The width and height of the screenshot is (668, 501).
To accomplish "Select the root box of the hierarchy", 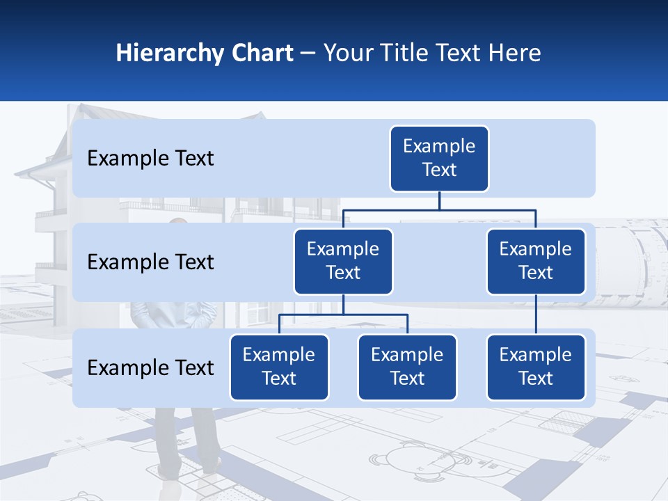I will tap(439, 158).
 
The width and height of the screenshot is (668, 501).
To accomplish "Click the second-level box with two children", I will tap(343, 261).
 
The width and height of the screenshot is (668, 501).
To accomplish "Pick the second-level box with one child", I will tap(536, 261).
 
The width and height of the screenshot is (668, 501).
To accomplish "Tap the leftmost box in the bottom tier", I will tap(279, 367).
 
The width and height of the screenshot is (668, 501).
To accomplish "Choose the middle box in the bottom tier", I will tap(407, 367).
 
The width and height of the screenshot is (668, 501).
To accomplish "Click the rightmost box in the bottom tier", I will tap(536, 367).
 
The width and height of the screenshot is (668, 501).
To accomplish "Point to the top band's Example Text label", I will tap(150, 159).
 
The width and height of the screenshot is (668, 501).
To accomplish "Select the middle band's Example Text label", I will tap(150, 262).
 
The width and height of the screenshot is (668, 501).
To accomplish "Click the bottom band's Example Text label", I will tap(150, 368).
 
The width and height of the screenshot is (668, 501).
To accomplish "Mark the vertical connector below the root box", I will tap(439, 200).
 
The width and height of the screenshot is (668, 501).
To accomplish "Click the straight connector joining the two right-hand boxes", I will tap(536, 315).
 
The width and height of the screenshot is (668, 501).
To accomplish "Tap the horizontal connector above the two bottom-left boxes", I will tap(343, 315).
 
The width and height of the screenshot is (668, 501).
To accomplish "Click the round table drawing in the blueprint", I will tap(403, 459).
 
